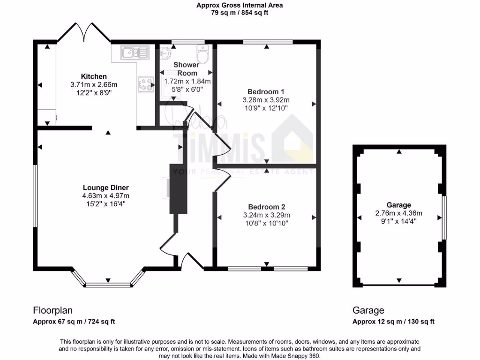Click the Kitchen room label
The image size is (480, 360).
tap(94, 76)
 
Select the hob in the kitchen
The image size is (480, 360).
tap(145, 84)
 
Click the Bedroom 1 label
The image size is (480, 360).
tap(266, 91)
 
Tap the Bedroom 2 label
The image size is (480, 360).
tap(266, 207)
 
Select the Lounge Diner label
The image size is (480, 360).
tap(106, 187)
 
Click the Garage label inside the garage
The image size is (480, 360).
tap(399, 205)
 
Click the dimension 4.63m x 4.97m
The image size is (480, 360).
tap(106, 195)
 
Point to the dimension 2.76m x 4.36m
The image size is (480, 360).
tap(399, 213)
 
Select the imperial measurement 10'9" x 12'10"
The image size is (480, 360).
tap(266, 108)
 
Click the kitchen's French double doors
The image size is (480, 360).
tap(84, 32)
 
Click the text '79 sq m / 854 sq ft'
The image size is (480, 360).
tap(240, 13)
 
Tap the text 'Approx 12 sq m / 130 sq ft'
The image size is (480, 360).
tap(393, 322)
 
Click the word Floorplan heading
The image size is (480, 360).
tap(52, 310)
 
